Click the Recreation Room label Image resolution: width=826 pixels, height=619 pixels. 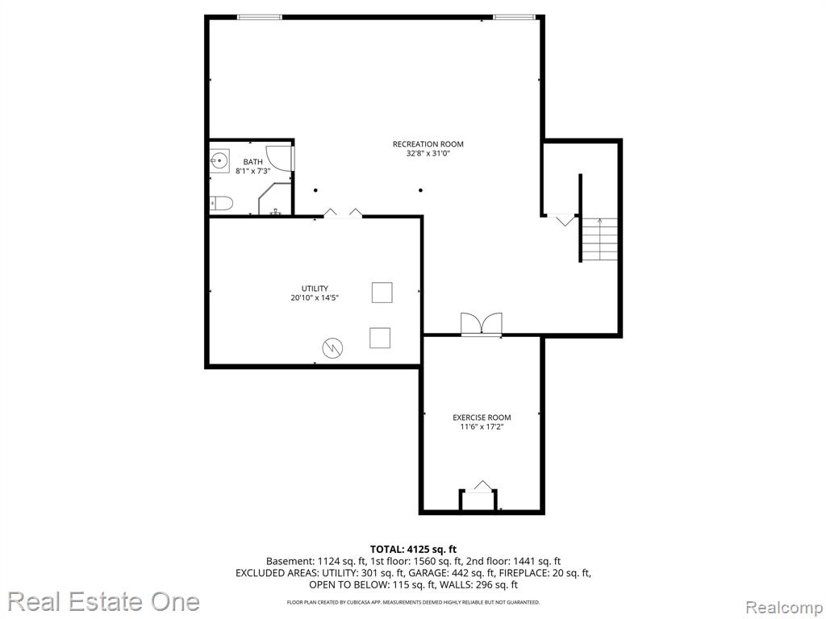428,143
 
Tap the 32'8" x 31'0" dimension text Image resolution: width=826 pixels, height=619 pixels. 428,154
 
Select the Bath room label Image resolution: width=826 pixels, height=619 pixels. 252,161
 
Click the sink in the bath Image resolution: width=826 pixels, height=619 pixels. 219,159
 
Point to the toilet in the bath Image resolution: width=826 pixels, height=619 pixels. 221,204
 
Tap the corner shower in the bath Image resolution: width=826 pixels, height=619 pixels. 274,199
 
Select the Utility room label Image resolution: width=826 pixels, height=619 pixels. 315,289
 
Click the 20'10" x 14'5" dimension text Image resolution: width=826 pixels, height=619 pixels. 315,298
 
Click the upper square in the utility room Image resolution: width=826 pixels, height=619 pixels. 382,293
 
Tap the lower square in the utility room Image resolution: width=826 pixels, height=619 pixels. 380,338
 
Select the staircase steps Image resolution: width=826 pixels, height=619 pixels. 599,240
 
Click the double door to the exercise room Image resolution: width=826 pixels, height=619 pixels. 482,324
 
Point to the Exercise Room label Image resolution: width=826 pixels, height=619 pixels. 482,418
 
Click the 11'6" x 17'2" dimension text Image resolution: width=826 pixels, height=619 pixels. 482,427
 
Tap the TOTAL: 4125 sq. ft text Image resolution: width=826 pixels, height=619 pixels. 413,550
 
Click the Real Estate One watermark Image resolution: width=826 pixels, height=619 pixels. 104,601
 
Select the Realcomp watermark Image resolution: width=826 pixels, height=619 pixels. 784,608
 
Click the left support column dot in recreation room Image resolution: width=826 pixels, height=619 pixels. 315,190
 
